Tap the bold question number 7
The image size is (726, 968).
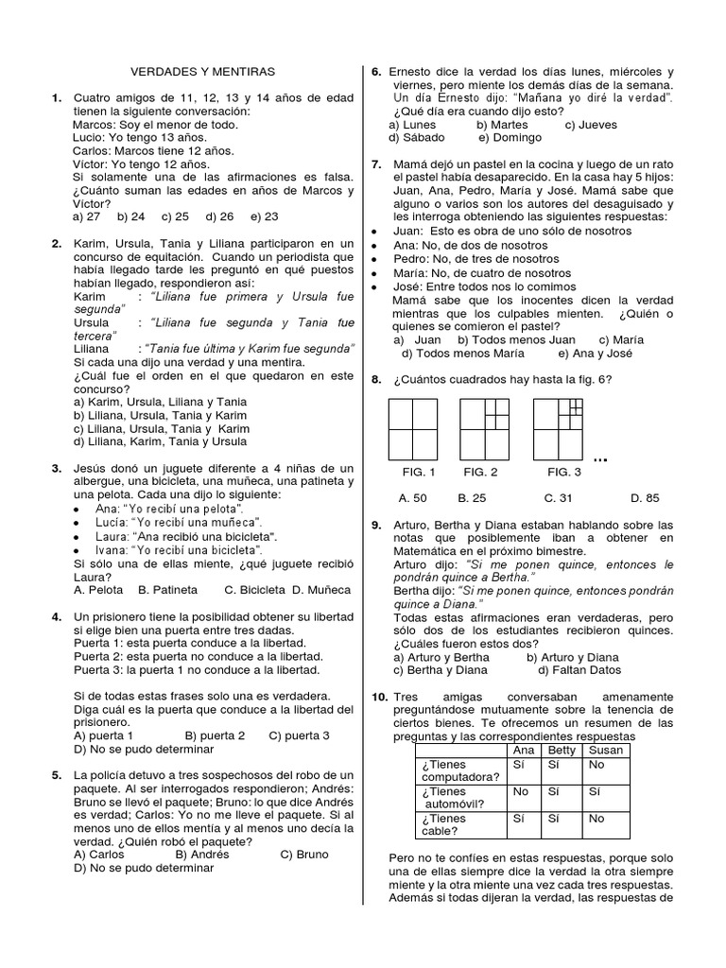point(375,164)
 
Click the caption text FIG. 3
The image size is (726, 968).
point(564,472)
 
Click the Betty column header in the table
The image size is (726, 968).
point(562,750)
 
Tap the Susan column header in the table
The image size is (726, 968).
point(607,750)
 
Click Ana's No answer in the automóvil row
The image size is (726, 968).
point(520,791)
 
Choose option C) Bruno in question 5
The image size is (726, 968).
point(304,854)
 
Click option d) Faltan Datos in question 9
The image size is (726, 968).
point(579,670)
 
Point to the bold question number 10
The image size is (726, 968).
point(378,697)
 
